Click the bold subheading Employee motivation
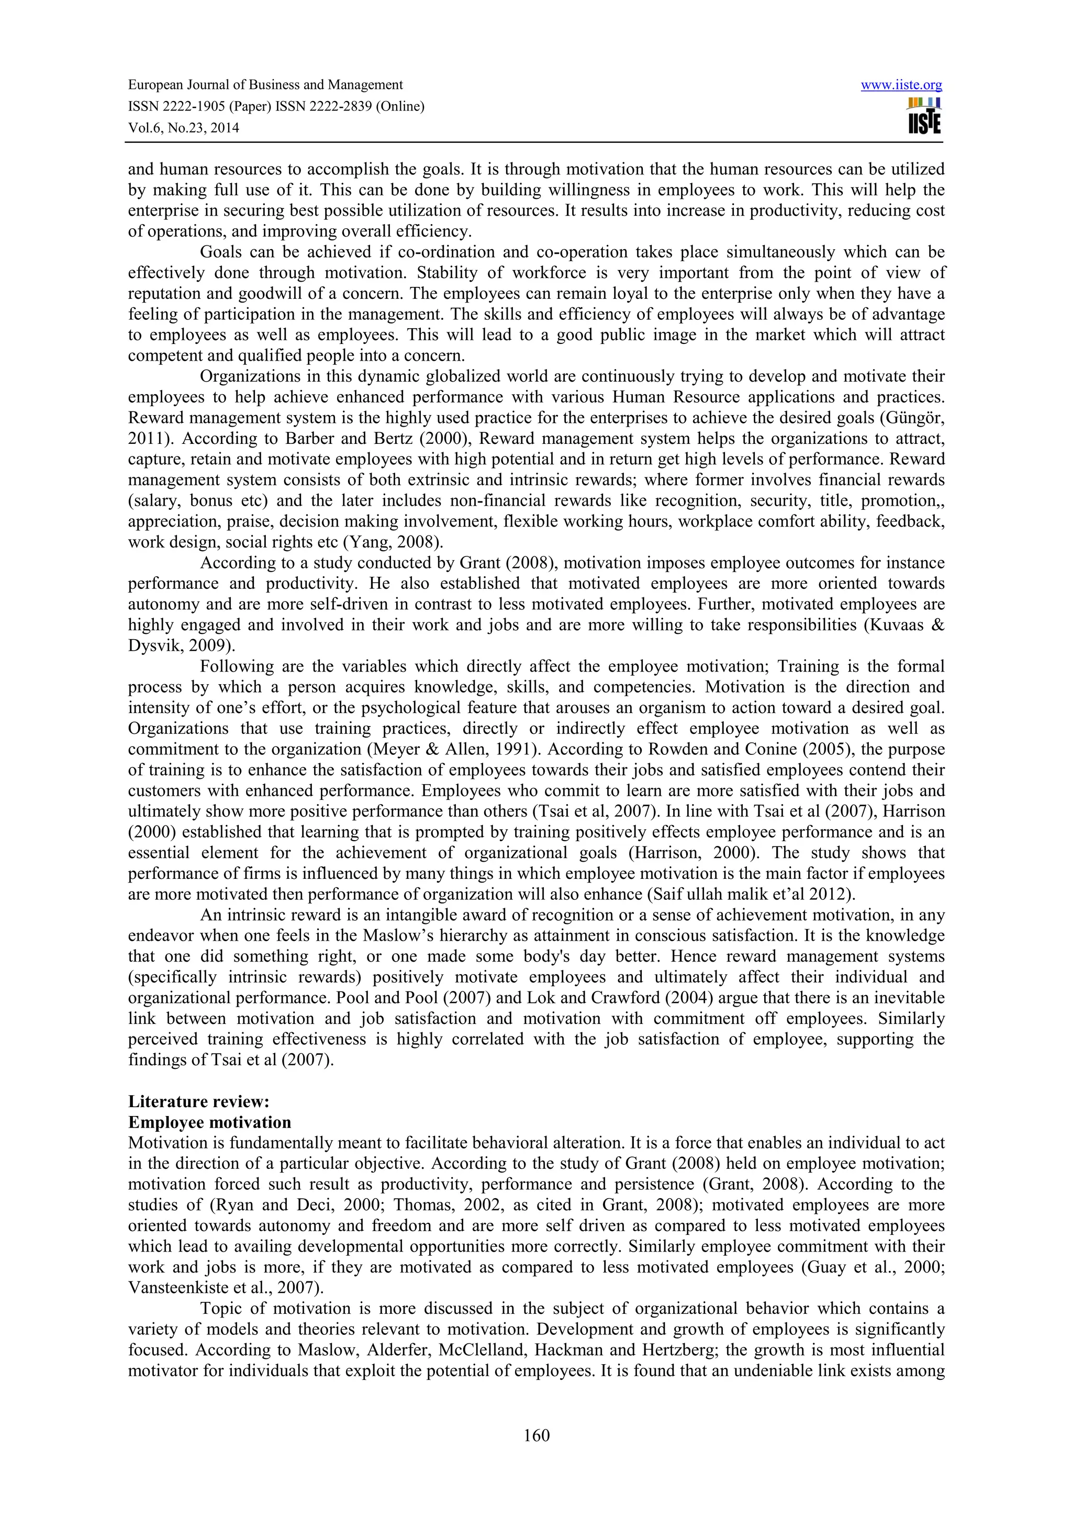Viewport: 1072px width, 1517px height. (209, 1122)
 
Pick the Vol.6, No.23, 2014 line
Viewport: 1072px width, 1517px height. (183, 128)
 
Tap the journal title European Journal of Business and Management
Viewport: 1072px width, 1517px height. (265, 85)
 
